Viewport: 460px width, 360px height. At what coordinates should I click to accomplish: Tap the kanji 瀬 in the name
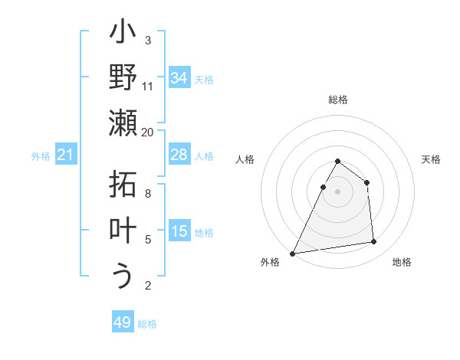(123, 123)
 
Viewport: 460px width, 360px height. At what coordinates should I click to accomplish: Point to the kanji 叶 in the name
(123, 231)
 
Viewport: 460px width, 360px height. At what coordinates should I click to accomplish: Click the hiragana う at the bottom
(123, 276)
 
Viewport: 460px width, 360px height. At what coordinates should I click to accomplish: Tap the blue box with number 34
(179, 78)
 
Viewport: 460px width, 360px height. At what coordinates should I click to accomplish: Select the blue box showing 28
(179, 155)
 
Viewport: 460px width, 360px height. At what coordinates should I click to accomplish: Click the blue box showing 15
(179, 231)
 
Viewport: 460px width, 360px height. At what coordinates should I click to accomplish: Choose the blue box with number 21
(65, 155)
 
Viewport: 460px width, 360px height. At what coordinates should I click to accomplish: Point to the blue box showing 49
(123, 322)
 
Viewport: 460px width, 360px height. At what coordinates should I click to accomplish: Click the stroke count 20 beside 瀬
(148, 132)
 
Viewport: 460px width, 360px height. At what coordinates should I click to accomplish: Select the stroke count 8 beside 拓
(148, 194)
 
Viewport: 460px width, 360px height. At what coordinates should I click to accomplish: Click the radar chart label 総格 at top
(338, 100)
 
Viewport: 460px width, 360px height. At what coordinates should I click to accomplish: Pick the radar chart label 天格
(432, 159)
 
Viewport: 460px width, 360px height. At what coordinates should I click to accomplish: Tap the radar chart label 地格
(402, 262)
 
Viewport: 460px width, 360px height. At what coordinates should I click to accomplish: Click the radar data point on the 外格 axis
(293, 253)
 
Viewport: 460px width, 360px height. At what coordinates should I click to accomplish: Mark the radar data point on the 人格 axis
(323, 187)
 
